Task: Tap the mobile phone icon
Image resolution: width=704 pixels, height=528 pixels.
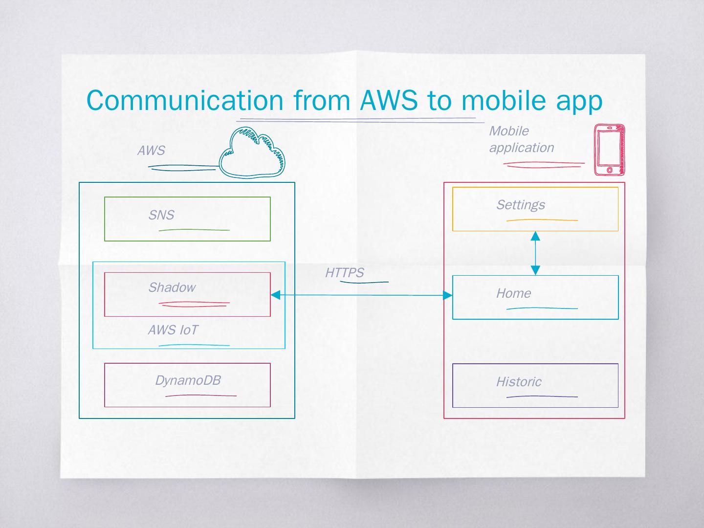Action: pos(609,150)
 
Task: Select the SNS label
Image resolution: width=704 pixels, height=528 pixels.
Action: pos(161,215)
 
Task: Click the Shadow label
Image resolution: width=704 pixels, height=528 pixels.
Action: pos(172,287)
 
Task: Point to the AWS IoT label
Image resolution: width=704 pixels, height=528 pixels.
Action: pos(173,330)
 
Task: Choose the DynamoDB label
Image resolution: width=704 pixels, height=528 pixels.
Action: pos(188,380)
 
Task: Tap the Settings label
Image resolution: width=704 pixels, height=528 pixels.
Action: pos(521,205)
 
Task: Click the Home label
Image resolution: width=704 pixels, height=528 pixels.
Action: pos(513,293)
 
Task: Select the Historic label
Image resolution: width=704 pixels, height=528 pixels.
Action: pos(519,382)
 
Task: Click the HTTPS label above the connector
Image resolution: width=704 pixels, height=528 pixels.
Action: pos(345,273)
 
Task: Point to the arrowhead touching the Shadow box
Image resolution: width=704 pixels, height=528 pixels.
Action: pos(275,295)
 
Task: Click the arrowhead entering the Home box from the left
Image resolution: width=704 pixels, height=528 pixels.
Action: pos(447,295)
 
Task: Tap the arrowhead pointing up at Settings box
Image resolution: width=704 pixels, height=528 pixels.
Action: pos(535,236)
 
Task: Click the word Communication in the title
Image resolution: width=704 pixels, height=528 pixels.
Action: pos(185,100)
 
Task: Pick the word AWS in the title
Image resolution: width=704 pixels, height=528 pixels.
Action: pos(389,100)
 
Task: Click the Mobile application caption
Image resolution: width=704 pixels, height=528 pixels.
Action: pos(521,139)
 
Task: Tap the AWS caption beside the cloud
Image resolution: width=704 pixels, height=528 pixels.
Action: pos(151,151)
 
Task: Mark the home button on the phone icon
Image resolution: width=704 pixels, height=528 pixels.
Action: pos(609,170)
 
